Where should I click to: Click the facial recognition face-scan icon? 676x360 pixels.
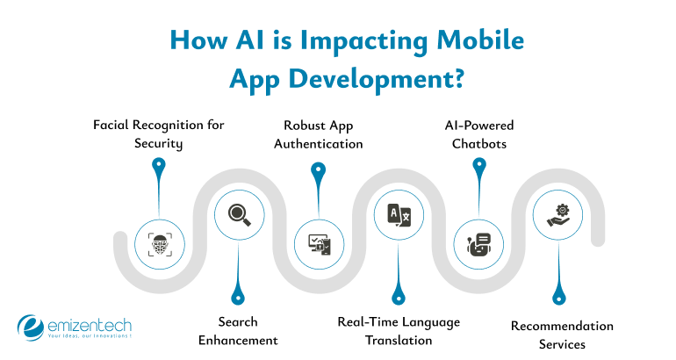pyautogui.click(x=159, y=243)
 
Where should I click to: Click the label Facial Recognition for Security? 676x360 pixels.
pyautogui.click(x=159, y=133)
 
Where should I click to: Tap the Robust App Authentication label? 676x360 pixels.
pyautogui.click(x=318, y=133)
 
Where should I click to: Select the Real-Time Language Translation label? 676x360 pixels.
pyautogui.click(x=399, y=330)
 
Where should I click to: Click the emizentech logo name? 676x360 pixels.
pyautogui.click(x=92, y=323)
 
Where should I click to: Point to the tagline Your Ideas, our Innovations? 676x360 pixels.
pyautogui.click(x=90, y=336)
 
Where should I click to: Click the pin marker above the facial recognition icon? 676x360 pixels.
pyautogui.click(x=158, y=166)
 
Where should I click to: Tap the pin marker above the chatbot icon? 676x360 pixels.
pyautogui.click(x=478, y=166)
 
